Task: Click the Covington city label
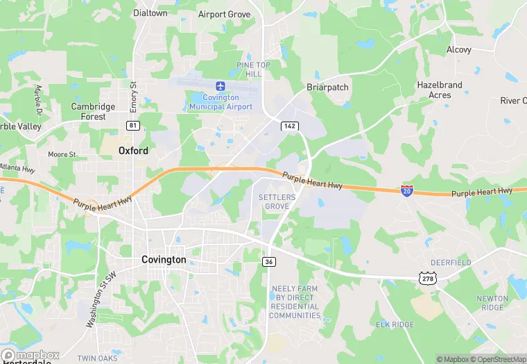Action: coord(164,259)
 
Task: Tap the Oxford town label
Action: coord(133,150)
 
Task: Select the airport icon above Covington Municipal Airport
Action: coord(221,86)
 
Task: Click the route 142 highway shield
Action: coord(290,126)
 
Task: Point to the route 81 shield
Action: coord(132,125)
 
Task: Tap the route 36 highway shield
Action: coord(269,261)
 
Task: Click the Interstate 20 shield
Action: coord(407,190)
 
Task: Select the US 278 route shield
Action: coord(427,278)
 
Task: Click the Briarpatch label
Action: coord(327,88)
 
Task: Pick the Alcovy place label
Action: coord(458,50)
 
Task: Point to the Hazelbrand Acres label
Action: coord(440,90)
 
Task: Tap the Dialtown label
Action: coord(150,13)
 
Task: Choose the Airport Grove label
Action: coord(224,14)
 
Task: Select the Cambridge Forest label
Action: coord(93,111)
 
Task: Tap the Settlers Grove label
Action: coord(277,202)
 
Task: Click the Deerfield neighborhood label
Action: coord(451,263)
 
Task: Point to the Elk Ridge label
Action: coord(395,324)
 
